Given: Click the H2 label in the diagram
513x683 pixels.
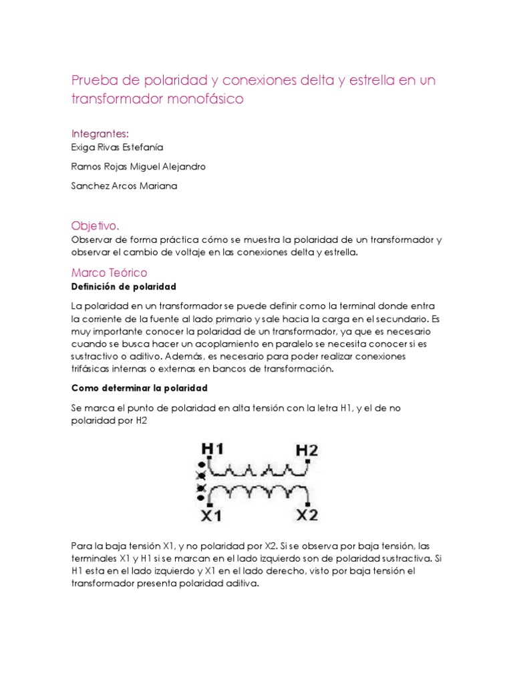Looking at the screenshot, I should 307,450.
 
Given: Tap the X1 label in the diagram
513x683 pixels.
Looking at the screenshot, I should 212,515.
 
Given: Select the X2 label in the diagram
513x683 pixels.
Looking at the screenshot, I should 307,515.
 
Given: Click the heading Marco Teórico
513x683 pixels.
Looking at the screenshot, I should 109,273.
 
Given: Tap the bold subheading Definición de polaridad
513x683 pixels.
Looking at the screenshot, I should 124,287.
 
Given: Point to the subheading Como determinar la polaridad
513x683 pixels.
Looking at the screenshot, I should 140,388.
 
